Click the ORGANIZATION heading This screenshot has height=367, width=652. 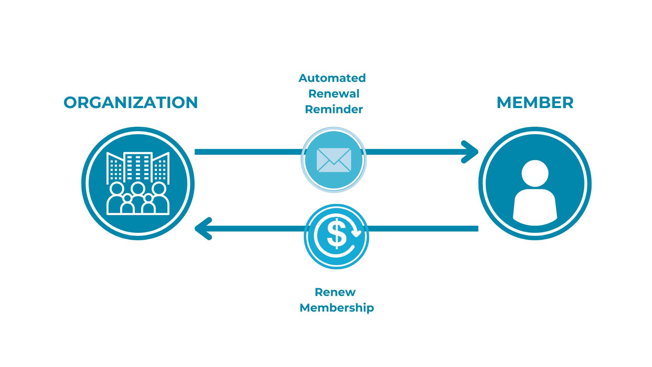tap(131, 103)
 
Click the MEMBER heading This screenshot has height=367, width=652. tap(535, 103)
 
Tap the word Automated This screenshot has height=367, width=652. tap(332, 78)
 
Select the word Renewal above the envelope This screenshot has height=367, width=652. tap(334, 94)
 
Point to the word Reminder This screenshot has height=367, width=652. tap(334, 109)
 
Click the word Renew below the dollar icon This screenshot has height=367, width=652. tap(335, 292)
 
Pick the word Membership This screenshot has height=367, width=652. tap(337, 308)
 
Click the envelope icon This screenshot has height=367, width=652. tap(334, 160)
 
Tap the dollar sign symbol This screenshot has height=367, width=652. tap(337, 234)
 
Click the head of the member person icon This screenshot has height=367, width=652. tap(535, 173)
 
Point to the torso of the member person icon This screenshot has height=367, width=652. tap(535, 207)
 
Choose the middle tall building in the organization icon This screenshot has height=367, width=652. tap(138, 167)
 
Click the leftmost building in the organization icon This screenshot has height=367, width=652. tap(115, 168)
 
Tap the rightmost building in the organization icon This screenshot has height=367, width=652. tap(161, 168)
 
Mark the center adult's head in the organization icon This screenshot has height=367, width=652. tap(138, 189)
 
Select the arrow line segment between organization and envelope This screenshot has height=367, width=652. tap(248, 152)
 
